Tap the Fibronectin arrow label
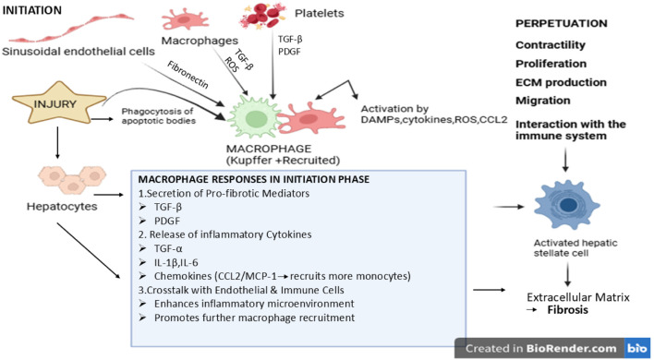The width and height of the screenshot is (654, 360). (x=188, y=75)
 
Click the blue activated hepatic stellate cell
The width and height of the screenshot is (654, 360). (x=566, y=205)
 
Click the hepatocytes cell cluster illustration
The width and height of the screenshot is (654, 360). (x=73, y=180)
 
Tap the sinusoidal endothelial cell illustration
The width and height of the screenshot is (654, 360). (x=71, y=29)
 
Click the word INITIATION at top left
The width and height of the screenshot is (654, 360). (x=32, y=10)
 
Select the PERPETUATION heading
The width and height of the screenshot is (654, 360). (x=562, y=23)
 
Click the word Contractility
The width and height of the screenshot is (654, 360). (x=551, y=45)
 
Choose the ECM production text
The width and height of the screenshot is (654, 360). (x=561, y=82)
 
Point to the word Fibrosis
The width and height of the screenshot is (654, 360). (x=568, y=310)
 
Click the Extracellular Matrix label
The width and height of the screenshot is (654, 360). (x=578, y=297)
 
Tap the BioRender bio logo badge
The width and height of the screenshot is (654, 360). (x=637, y=348)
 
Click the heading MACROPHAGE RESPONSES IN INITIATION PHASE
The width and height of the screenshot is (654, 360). (x=254, y=179)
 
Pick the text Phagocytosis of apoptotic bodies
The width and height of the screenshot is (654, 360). (x=158, y=116)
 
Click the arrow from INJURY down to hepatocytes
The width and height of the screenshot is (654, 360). (x=57, y=142)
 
